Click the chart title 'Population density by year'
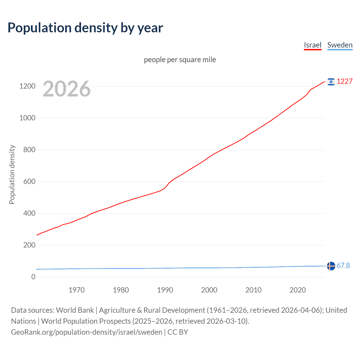tap(85, 28)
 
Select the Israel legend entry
tap(312, 45)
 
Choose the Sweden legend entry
tap(340, 45)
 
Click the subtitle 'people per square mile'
tap(180, 60)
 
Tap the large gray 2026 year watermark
tap(67, 89)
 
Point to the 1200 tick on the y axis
tap(27, 86)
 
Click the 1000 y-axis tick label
tap(27, 118)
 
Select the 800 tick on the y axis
tap(29, 150)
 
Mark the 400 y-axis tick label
tap(29, 213)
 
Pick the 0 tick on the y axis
tap(33, 277)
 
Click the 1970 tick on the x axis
tap(76, 290)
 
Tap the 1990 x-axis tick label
tap(165, 290)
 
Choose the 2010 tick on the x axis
tap(253, 290)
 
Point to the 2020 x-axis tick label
tap(298, 290)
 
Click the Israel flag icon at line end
tap(331, 82)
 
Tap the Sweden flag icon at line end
tap(331, 266)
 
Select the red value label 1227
tap(345, 81)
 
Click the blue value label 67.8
tap(343, 265)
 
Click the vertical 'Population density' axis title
tap(12, 174)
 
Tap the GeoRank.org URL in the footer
tap(87, 332)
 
